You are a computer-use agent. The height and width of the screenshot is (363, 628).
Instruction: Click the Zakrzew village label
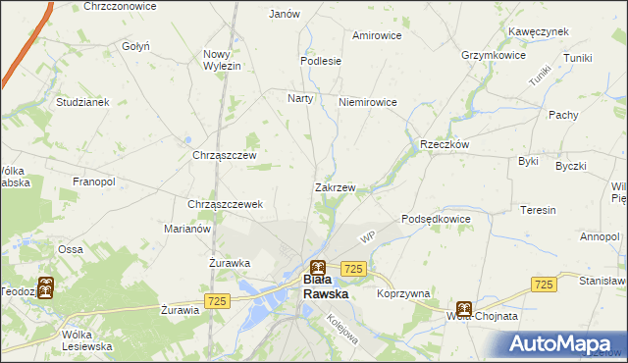(x=335, y=186)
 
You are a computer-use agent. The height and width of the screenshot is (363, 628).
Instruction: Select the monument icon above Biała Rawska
(x=318, y=266)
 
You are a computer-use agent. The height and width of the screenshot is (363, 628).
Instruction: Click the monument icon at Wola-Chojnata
(x=463, y=307)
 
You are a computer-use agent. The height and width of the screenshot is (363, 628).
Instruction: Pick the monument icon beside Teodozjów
(x=45, y=289)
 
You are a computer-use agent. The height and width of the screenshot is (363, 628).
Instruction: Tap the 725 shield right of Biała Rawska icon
(x=354, y=269)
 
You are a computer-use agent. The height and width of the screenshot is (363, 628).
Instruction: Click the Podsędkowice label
(x=437, y=219)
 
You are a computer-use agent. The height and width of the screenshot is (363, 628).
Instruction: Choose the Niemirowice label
(x=367, y=102)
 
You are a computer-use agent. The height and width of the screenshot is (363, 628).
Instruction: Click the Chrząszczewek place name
(x=225, y=204)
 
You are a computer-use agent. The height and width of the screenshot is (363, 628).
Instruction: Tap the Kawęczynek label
(x=539, y=31)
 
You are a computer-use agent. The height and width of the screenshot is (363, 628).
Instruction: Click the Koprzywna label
(x=403, y=293)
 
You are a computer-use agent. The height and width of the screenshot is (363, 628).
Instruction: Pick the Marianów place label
(x=187, y=229)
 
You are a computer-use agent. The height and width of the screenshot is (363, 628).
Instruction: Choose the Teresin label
(x=539, y=210)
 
